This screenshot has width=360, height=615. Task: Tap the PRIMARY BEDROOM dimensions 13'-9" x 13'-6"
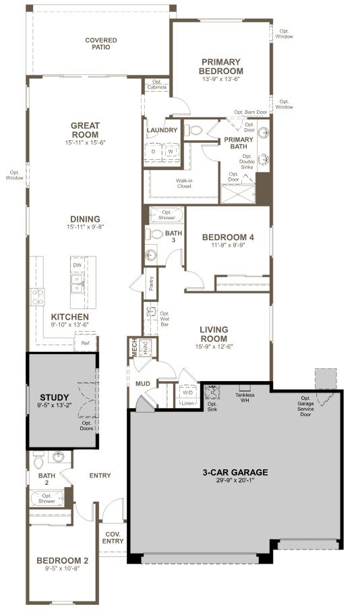click(x=220, y=79)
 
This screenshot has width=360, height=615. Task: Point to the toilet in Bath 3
click(x=155, y=234)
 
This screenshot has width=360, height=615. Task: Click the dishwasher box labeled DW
click(x=77, y=266)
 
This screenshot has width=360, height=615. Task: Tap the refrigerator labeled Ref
click(x=86, y=343)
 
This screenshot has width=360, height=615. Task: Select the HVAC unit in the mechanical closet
click(x=145, y=347)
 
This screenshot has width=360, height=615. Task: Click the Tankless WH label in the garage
click(x=245, y=398)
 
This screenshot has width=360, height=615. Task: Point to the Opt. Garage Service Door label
click(x=305, y=407)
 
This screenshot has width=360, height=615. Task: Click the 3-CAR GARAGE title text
click(x=235, y=473)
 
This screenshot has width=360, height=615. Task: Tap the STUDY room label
click(x=55, y=397)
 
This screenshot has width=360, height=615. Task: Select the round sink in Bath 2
click(x=59, y=457)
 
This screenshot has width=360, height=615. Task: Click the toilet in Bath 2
click(x=38, y=460)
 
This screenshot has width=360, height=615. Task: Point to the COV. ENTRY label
click(x=113, y=537)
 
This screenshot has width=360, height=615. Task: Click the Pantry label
click(x=152, y=284)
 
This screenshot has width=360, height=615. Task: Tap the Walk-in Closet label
click(x=184, y=183)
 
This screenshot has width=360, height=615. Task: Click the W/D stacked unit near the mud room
click(x=187, y=392)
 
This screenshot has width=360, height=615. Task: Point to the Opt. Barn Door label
click(x=251, y=112)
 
